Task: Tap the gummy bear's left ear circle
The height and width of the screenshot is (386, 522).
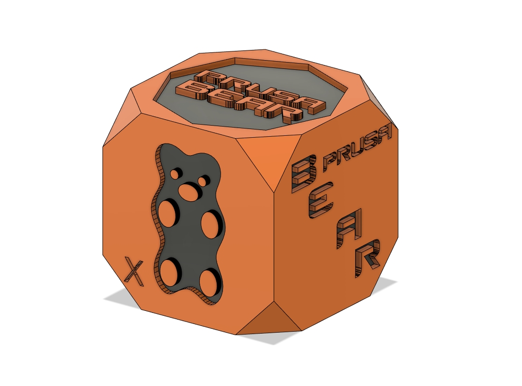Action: click(x=174, y=173)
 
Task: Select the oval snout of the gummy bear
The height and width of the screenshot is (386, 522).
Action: click(x=189, y=192)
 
